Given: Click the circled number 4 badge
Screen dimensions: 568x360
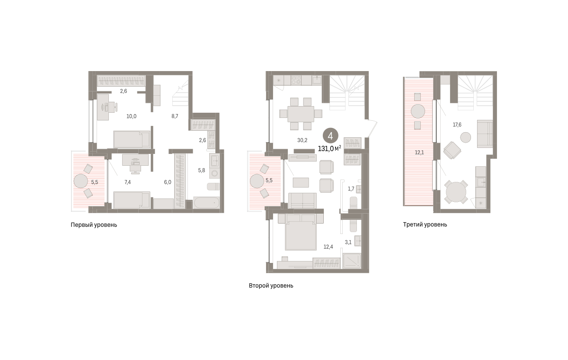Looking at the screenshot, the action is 330,136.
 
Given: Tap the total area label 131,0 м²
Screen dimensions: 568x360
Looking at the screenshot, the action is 329,149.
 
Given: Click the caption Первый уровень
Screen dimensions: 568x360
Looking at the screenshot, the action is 94,225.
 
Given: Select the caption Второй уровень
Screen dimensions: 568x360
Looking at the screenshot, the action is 271,286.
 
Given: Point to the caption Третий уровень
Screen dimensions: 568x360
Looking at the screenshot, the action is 425,225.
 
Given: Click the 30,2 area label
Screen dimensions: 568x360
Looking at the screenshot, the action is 302,140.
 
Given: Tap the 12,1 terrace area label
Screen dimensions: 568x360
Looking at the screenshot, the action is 419,153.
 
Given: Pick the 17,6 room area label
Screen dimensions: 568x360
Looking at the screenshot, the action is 457,125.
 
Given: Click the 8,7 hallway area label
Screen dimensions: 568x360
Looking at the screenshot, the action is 175,116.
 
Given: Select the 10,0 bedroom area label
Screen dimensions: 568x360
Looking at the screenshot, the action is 132,116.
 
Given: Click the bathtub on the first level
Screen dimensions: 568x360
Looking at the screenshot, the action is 206,203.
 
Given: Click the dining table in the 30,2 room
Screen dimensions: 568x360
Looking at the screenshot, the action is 301,114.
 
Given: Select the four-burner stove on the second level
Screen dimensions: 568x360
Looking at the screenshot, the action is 296,81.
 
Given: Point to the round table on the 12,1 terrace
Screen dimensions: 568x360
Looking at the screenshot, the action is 417,111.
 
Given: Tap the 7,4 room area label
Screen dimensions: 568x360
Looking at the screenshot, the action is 127,182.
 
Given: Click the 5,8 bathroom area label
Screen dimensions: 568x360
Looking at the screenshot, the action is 202,171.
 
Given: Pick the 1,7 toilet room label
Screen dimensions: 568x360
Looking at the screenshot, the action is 351,189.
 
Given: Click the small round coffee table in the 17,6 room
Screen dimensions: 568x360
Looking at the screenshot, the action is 466,137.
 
